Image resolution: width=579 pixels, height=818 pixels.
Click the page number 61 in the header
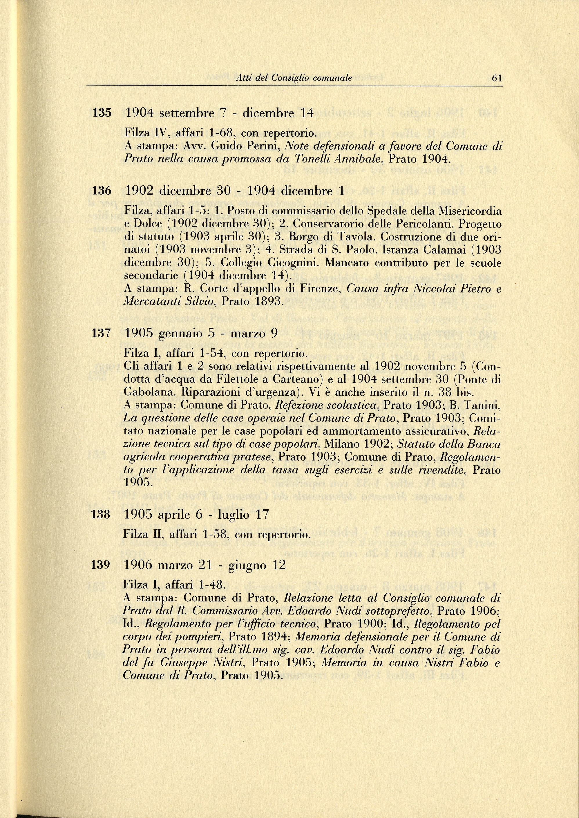497,78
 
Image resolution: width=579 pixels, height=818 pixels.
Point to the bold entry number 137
102,333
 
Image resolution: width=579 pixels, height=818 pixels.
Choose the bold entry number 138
101,514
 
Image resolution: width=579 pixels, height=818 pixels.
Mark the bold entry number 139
101,565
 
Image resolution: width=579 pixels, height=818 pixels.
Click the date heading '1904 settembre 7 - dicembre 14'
219,113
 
